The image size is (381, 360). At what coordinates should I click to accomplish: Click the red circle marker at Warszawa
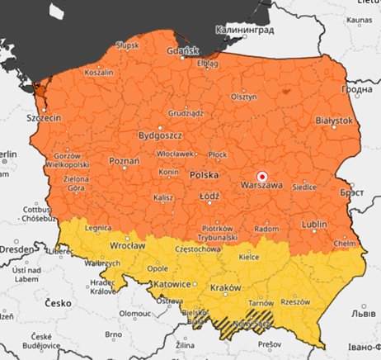[x=262, y=175]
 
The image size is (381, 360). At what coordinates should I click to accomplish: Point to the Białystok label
[x=334, y=121]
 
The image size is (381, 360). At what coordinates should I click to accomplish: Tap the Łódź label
[x=208, y=197]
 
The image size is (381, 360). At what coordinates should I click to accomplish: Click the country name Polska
[x=205, y=175]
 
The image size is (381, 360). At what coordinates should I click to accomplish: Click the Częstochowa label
[x=198, y=248]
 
